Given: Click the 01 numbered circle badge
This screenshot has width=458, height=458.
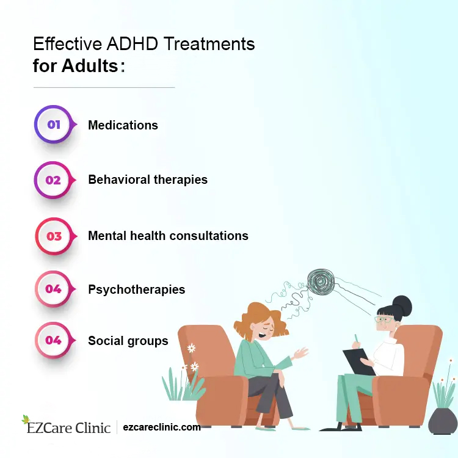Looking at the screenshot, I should (x=54, y=125).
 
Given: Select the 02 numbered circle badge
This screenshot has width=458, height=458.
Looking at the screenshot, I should (x=54, y=180).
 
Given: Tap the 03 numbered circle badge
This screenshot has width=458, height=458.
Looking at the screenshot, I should (x=54, y=235).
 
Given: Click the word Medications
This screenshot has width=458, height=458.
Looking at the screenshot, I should (x=123, y=125).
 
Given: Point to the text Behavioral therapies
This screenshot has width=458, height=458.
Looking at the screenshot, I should (x=148, y=180).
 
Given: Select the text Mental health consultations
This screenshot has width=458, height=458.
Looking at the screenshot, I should (x=168, y=235).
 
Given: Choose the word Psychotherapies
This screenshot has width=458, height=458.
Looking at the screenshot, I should (x=136, y=289).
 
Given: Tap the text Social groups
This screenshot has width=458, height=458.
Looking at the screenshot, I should (x=128, y=341).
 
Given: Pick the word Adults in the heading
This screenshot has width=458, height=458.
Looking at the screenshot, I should (x=90, y=65).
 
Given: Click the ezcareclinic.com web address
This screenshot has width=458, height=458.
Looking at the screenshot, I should (x=162, y=427).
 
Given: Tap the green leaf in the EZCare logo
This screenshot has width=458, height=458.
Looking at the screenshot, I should (x=25, y=420).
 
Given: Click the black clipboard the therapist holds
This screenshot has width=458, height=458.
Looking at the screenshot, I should (x=358, y=362).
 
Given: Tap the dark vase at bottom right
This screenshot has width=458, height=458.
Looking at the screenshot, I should (x=443, y=420).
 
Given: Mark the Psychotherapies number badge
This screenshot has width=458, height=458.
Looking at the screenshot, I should (x=54, y=289).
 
